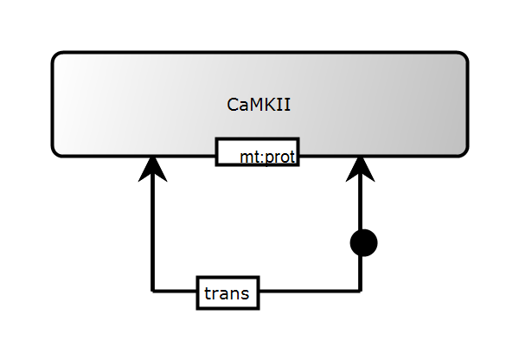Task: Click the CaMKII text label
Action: (259, 105)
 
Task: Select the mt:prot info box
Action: (257, 152)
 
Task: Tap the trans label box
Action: (227, 293)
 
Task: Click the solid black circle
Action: (364, 243)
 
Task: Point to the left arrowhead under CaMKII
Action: (153, 169)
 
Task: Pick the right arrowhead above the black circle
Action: (360, 169)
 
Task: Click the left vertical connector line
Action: (153, 234)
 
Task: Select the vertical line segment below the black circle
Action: (360, 273)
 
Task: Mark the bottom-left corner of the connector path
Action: (153, 292)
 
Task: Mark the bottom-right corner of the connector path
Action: (360, 292)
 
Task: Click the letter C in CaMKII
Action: (233, 105)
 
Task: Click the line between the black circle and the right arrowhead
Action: (360, 208)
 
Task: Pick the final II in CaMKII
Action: (285, 105)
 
